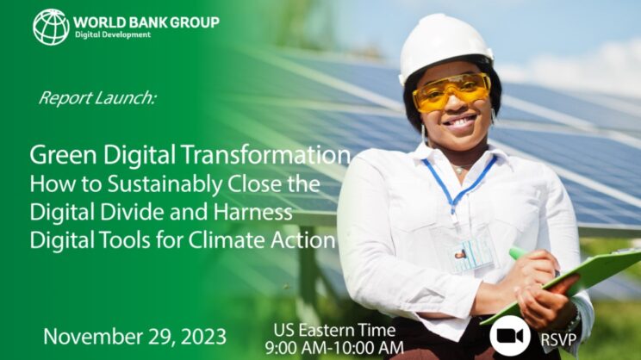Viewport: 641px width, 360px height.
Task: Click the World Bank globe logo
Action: pos(51,27)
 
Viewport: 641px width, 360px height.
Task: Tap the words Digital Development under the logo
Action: pos(113,34)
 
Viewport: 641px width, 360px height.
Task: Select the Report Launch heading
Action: pos(97,98)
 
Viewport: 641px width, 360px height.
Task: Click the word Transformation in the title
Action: pos(265,155)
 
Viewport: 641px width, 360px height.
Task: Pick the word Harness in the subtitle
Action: pos(252,212)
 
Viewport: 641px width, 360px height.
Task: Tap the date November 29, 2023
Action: pos(135,337)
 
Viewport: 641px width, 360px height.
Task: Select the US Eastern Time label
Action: pos(334,330)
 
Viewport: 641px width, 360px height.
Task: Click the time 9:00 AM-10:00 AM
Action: pos(334,348)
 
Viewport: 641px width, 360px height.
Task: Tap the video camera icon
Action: pos(510,336)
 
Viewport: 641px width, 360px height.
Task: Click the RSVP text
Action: pos(558,339)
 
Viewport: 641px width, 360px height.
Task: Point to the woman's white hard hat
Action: pos(445,45)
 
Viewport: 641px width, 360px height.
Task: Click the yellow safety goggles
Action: pos(451,92)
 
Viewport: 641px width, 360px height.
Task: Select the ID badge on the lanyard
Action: pos(473,255)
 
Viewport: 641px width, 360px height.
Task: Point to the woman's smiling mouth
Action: pos(461,121)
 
